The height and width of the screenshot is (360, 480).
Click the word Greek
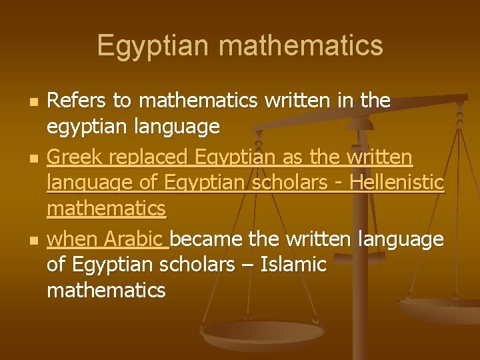pyautogui.click(x=73, y=158)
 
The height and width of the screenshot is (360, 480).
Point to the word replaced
pyautogui.click(x=147, y=158)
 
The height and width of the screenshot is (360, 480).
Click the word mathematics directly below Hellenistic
pyautogui.click(x=106, y=209)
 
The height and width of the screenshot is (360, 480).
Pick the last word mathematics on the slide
pyautogui.click(x=106, y=290)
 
